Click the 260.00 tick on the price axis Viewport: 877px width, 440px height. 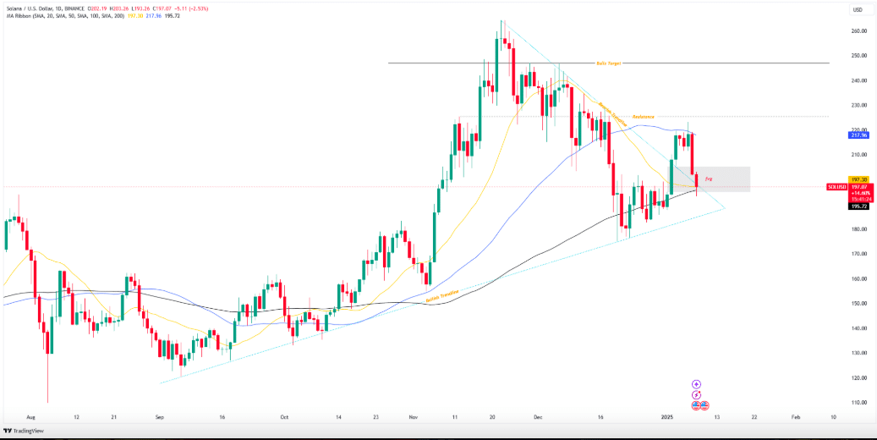coord(859,31)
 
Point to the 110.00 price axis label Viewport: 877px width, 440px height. coord(859,403)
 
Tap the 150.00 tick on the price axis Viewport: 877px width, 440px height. coord(859,304)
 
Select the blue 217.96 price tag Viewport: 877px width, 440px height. coord(858,135)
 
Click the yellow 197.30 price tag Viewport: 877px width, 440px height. coord(858,179)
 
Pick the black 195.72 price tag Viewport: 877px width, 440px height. coord(858,206)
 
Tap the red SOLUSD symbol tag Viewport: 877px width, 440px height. coord(837,186)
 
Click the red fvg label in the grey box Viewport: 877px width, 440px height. coord(708,179)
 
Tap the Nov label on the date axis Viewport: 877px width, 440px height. coord(413,417)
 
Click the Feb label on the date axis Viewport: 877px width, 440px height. coord(795,417)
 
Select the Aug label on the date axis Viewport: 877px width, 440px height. coord(31,417)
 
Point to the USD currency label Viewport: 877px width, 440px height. coord(857,9)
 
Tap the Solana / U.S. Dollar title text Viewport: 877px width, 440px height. coord(30,8)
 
